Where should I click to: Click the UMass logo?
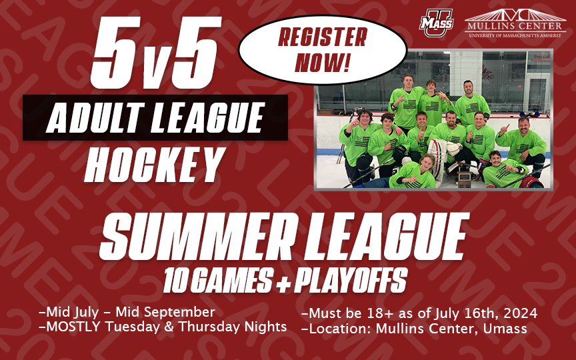pos(437,23)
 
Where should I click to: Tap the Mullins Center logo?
pos(515,23)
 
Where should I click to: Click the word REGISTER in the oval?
pos(323,37)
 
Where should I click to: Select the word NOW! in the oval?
pos(322,62)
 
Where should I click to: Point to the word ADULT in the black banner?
pos(95,117)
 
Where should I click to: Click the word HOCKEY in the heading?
pos(155,165)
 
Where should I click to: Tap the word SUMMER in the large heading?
pos(197,237)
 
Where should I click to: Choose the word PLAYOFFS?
pos(351,280)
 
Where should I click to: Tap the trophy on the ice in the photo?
pos(464,179)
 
